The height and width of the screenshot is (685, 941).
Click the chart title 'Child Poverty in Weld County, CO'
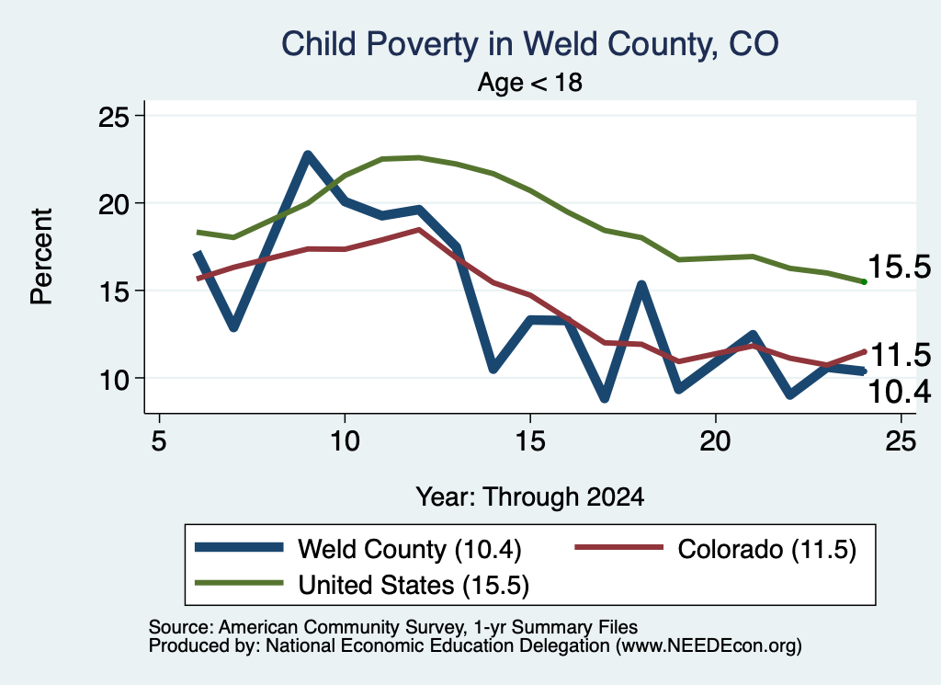(530, 44)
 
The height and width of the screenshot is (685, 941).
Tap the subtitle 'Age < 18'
(530, 82)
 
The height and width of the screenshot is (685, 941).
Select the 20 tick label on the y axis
(113, 203)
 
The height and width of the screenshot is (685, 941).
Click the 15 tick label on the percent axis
(113, 291)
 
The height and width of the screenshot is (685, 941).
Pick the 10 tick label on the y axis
(113, 379)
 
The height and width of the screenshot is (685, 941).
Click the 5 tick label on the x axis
(159, 441)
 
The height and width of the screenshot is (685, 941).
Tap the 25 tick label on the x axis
(901, 441)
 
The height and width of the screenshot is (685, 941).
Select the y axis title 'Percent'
(42, 257)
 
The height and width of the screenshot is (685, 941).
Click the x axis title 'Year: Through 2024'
(530, 497)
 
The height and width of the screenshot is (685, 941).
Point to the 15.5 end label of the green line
(899, 267)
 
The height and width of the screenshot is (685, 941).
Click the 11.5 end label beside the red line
(899, 356)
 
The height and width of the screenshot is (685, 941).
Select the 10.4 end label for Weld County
(899, 392)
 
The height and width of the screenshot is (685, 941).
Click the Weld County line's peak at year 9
(308, 154)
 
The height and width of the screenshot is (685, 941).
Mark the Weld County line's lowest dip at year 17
(605, 398)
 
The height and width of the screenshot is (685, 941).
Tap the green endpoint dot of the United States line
(864, 281)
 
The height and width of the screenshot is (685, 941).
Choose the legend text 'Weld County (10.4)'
(410, 549)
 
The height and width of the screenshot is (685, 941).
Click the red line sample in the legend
(618, 547)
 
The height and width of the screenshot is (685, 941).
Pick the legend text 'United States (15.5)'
(414, 585)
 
